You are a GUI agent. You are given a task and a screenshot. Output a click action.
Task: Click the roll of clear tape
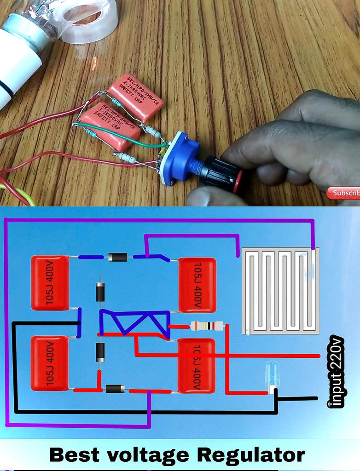[x=87, y=21]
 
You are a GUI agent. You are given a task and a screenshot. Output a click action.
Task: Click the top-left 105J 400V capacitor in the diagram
[x=50, y=282]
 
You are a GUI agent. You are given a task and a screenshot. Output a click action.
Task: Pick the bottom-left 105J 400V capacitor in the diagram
[x=50, y=363]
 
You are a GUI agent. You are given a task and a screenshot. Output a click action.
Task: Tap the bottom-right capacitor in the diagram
[x=197, y=366]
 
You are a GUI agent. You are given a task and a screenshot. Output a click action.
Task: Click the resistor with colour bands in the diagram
[x=207, y=326]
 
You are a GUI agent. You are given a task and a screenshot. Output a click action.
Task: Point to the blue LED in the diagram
[x=272, y=373]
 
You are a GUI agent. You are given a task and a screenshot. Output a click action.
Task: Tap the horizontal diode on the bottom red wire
[x=115, y=389]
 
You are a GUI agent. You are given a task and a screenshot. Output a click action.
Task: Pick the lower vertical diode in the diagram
[x=100, y=352]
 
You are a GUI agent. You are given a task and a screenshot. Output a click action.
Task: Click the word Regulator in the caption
[x=251, y=455]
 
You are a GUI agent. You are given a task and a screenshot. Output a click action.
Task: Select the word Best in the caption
[x=74, y=455]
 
